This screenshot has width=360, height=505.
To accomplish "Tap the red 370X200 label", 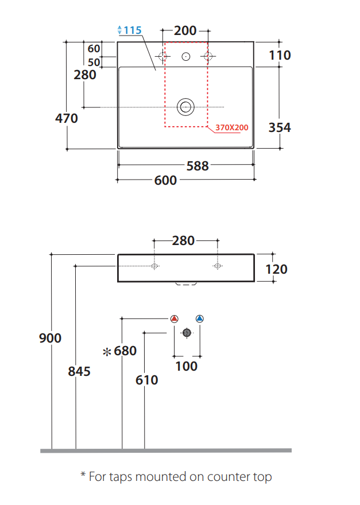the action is point(232,127).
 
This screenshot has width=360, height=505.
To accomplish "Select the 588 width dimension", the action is point(198,166).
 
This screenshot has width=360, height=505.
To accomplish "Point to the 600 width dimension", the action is point(165,180).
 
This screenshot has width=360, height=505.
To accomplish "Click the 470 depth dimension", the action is point(67,118).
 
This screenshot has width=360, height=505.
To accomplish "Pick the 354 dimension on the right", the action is point(280,127).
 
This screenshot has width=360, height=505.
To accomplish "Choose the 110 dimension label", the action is point(280,55).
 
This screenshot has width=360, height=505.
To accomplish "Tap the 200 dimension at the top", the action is point(185,30).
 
